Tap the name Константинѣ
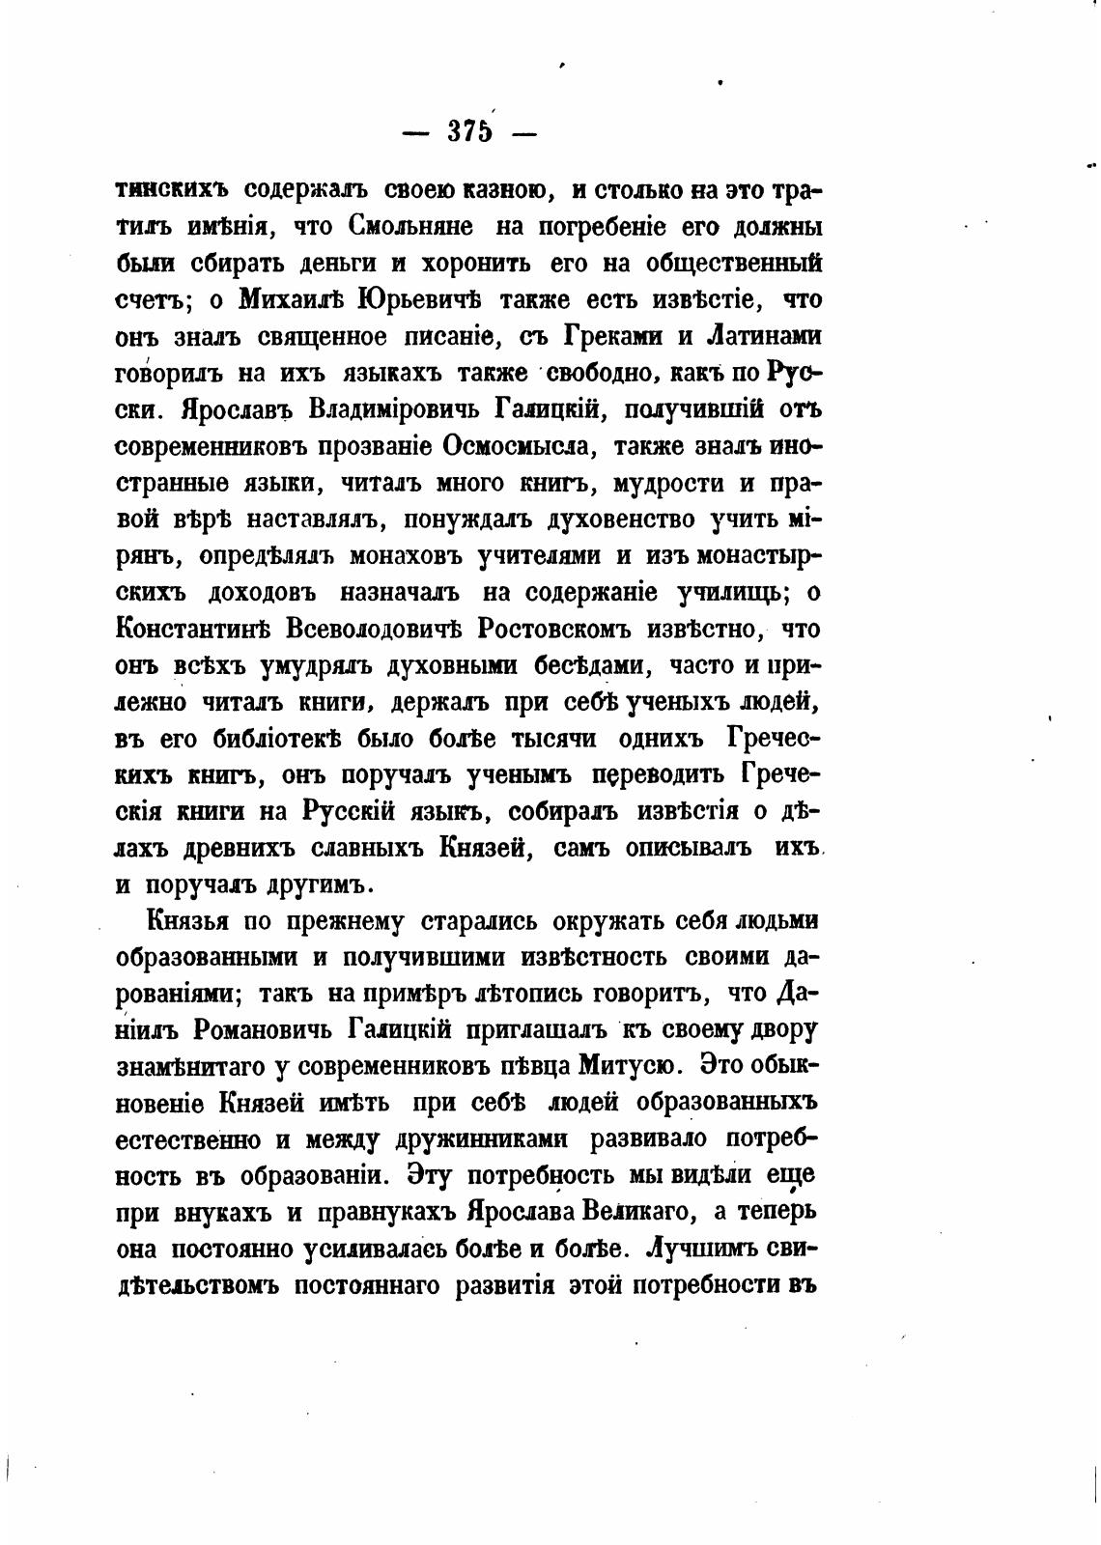(x=193, y=629)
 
